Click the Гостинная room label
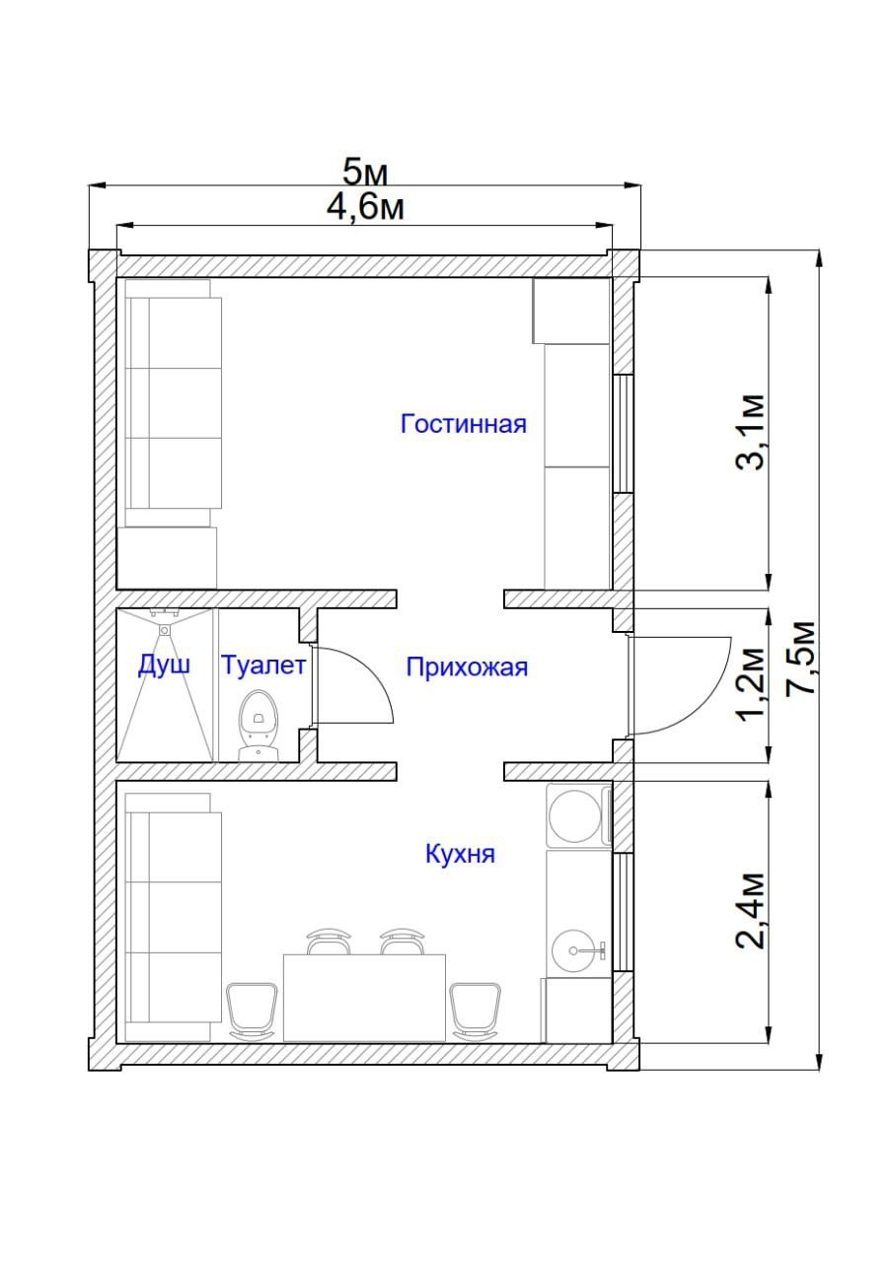463,424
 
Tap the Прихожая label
467,667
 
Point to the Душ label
164,666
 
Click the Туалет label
263,665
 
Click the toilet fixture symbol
259,726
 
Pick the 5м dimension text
365,173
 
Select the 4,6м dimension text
365,208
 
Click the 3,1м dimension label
751,432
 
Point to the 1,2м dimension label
751,685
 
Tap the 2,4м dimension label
751,911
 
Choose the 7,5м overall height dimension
801,658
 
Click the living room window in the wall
623,434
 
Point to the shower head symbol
164,629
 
